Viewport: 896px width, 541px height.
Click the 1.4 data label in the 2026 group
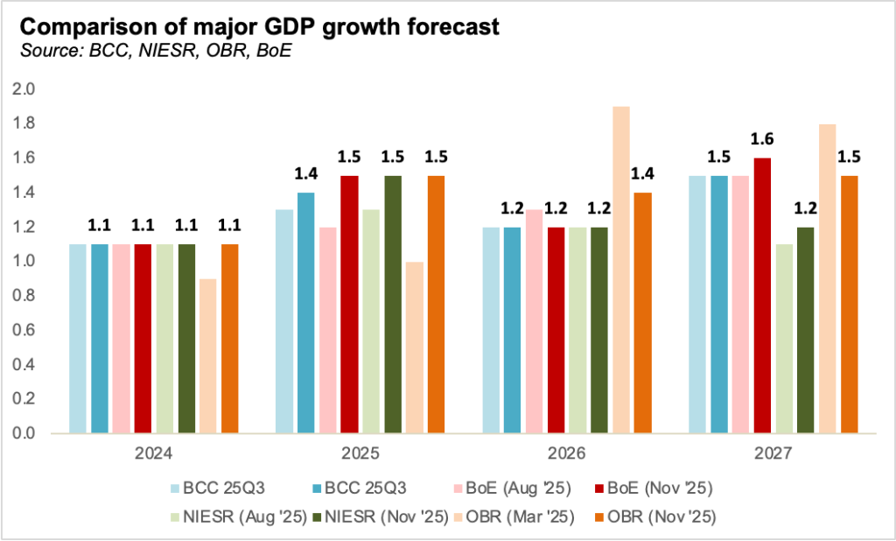pos(642,174)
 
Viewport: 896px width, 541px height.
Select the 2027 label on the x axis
pos(773,455)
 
